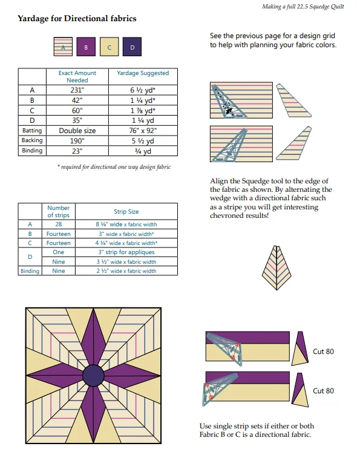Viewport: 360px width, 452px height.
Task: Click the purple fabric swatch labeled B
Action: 86,47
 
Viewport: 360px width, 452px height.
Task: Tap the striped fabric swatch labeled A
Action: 63,47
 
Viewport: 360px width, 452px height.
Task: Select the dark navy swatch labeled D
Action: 132,47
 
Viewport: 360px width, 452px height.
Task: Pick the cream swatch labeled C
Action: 109,47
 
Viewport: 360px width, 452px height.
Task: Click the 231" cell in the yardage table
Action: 77,90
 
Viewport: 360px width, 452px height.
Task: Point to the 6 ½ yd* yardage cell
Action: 143,90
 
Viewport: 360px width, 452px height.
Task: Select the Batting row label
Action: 32,131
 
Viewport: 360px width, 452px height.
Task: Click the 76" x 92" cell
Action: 143,131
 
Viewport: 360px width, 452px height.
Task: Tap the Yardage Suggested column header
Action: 143,73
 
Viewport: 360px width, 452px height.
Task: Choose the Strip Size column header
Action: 126,211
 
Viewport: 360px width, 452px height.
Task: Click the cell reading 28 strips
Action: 59,224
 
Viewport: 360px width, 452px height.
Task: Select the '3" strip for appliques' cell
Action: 126,252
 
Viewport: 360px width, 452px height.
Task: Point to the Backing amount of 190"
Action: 77,140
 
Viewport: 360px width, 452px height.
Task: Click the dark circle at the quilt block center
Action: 93,375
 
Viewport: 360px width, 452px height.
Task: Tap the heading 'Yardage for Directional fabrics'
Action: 77,18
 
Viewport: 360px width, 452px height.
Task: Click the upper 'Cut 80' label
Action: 323,352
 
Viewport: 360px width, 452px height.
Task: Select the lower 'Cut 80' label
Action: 323,391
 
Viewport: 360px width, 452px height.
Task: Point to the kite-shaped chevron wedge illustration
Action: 277,268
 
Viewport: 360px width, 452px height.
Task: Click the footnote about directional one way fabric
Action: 114,167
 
